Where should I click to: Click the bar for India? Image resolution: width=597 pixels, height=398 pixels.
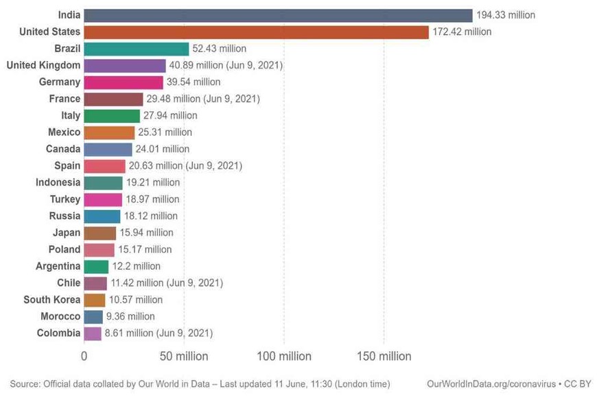click(x=278, y=15)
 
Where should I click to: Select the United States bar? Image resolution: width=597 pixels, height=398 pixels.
click(x=256, y=32)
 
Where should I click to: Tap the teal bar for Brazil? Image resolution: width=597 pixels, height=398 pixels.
click(x=136, y=49)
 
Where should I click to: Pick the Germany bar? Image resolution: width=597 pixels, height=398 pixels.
click(x=124, y=82)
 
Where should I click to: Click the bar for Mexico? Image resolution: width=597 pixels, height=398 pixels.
click(x=109, y=132)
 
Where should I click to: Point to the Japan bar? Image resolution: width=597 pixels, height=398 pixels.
click(x=99, y=233)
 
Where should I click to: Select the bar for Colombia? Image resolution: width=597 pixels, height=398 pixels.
click(x=93, y=333)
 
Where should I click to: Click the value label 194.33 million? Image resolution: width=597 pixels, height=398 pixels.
click(x=506, y=15)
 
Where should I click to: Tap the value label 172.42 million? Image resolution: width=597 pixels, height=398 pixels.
click(x=462, y=32)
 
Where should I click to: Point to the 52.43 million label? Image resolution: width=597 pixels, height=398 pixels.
click(x=219, y=49)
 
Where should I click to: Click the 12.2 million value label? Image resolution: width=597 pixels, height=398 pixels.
click(x=136, y=266)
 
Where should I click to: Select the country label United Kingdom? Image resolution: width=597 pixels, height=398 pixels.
click(x=43, y=65)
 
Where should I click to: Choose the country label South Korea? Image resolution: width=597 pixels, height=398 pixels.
click(x=51, y=300)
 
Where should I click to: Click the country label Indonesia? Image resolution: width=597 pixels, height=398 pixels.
click(x=58, y=183)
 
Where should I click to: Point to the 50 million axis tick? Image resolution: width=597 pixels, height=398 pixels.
click(x=183, y=356)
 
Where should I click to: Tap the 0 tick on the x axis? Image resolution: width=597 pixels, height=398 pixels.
click(x=84, y=356)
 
